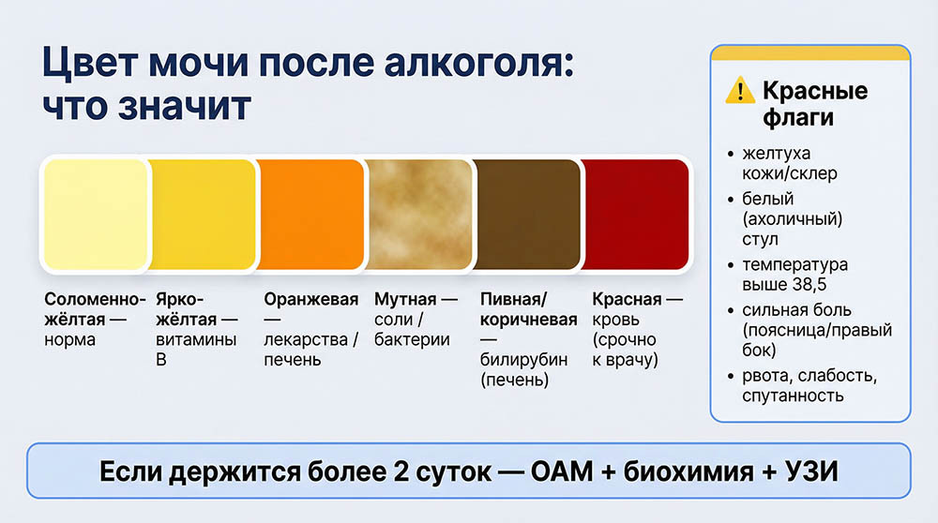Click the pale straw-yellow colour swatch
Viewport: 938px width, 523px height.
point(95,215)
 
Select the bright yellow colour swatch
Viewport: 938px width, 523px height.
point(203,215)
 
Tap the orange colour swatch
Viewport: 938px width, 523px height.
point(310,215)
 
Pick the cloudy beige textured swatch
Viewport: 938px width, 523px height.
point(418,215)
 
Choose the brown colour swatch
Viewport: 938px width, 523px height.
point(526,215)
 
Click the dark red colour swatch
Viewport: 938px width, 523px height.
point(635,215)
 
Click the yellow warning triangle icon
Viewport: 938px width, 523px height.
point(740,92)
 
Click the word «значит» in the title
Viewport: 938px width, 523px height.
point(193,106)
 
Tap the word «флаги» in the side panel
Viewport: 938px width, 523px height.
point(797,119)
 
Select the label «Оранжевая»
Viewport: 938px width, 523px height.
point(310,300)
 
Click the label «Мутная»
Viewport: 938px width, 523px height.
point(405,300)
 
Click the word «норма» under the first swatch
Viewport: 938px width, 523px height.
point(70,340)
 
